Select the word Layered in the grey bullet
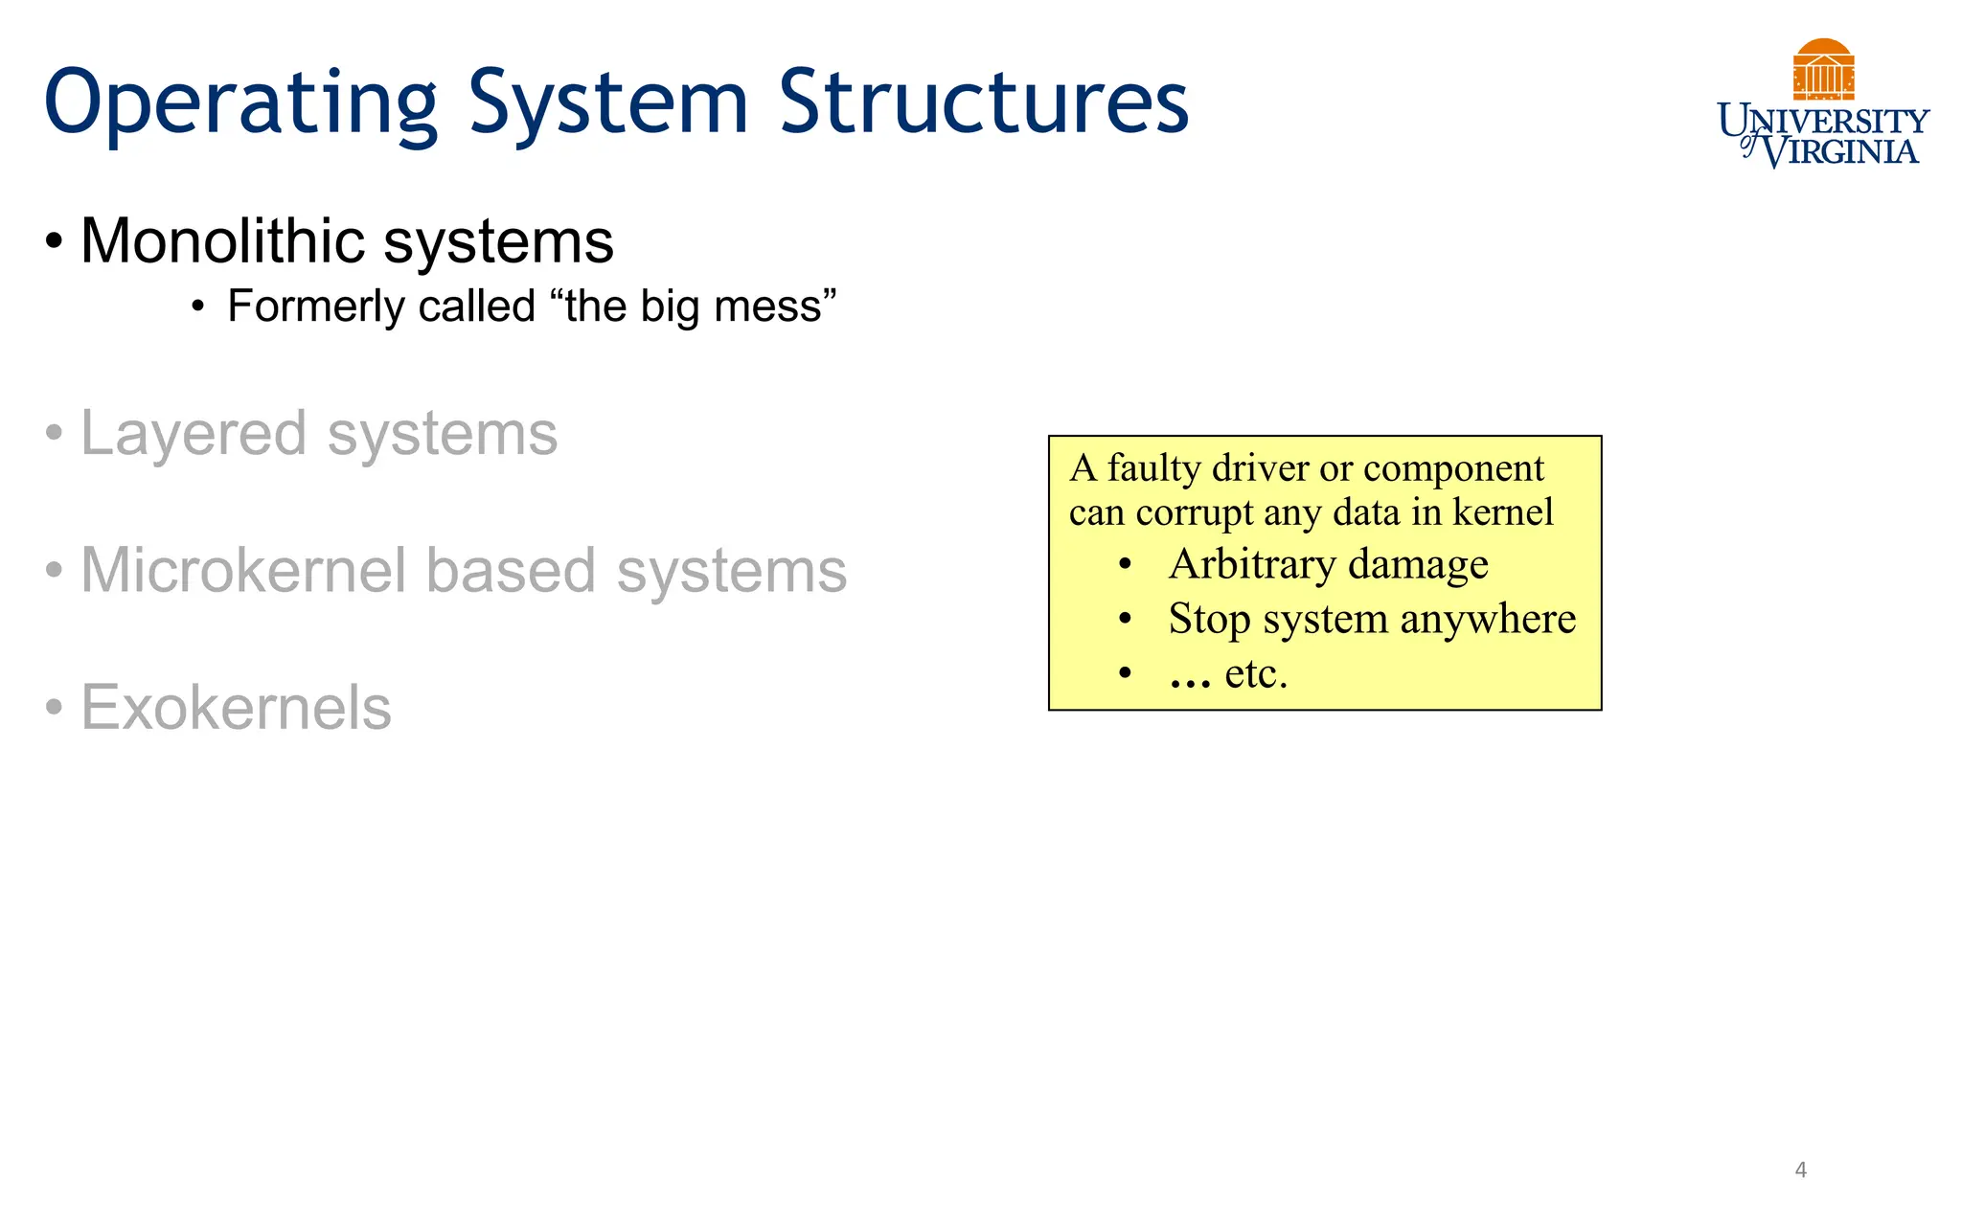(x=195, y=435)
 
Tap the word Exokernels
(x=236, y=708)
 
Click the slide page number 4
(x=1800, y=1169)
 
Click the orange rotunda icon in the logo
(x=1823, y=70)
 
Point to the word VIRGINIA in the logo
(x=1840, y=151)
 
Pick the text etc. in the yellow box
(x=1256, y=673)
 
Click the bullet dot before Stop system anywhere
(x=1126, y=619)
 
